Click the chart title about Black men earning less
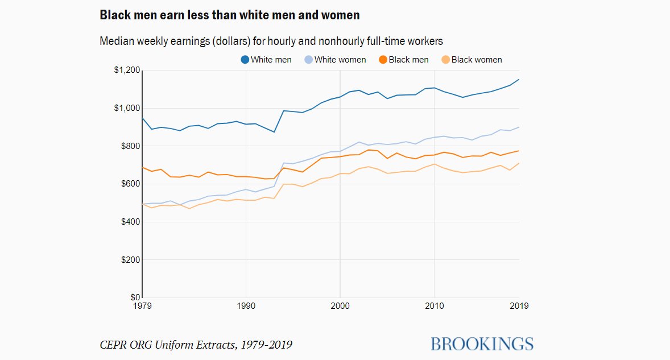click(229, 15)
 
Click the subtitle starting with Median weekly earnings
click(271, 42)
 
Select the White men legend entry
click(266, 60)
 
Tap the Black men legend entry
click(404, 60)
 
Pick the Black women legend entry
click(472, 60)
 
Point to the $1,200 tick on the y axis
click(127, 71)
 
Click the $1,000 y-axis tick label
click(127, 108)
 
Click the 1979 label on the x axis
click(142, 306)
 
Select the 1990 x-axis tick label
click(246, 306)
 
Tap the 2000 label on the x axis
click(340, 306)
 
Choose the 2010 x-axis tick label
click(434, 306)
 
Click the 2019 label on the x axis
click(519, 306)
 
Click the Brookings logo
click(482, 344)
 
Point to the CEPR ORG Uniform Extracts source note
click(196, 345)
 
